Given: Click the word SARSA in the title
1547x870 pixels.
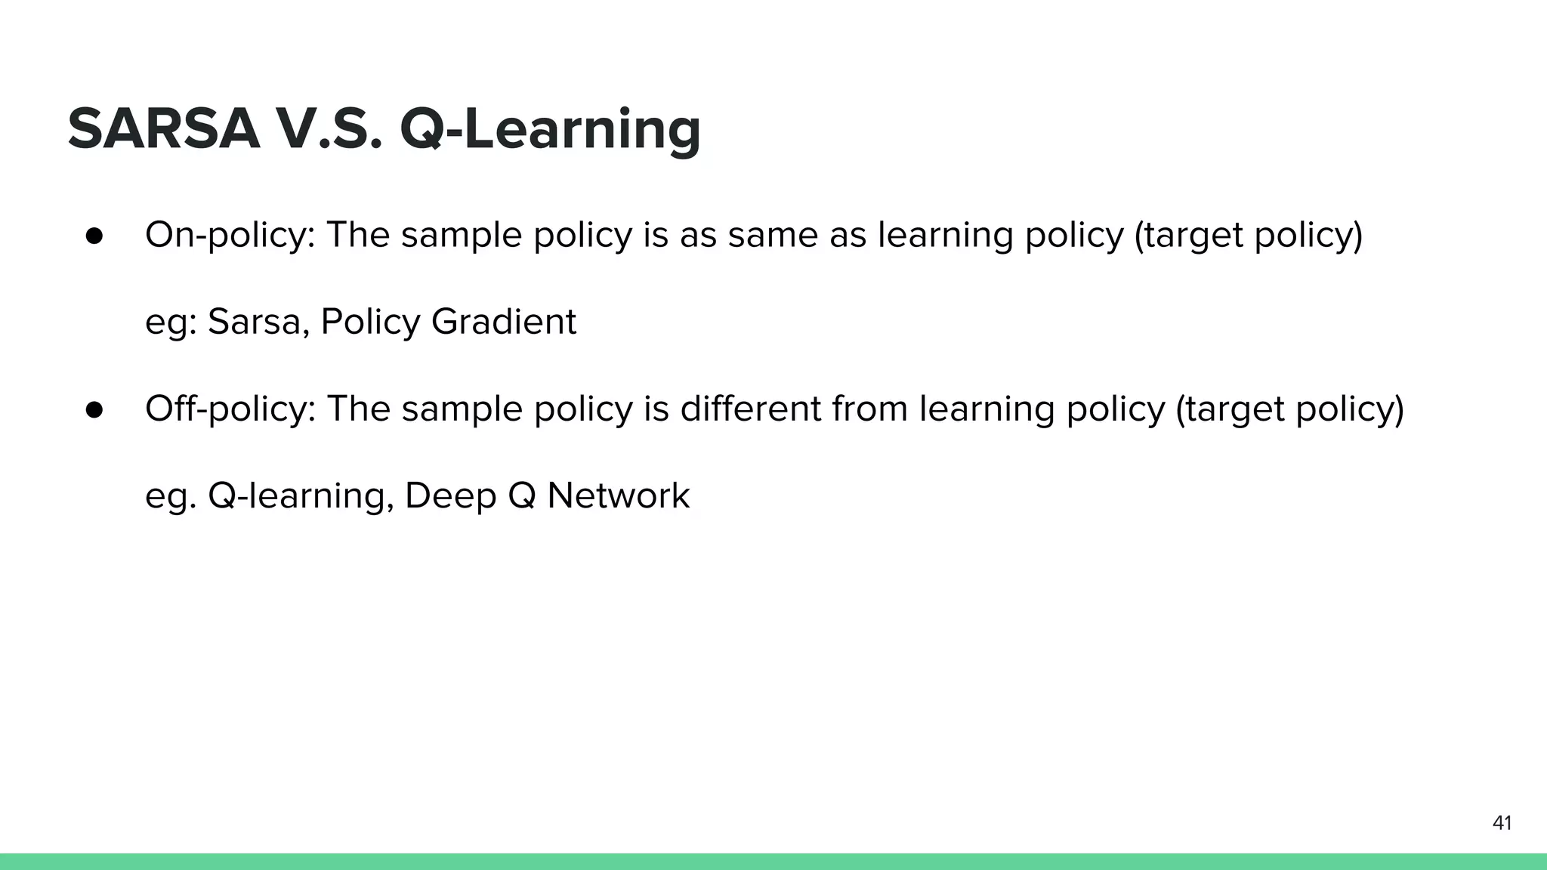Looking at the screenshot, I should (x=163, y=128).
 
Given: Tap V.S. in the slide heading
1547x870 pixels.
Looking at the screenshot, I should (x=329, y=128).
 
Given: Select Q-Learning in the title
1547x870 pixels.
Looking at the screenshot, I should (x=550, y=128).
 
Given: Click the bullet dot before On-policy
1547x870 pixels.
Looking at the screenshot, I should (x=94, y=235).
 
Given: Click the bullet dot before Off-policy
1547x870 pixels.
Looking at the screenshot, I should (x=94, y=409).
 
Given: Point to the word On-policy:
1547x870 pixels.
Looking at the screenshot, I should (x=230, y=235).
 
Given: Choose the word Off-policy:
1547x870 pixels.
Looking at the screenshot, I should (x=230, y=409).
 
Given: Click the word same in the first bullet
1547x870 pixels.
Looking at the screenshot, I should (x=773, y=235).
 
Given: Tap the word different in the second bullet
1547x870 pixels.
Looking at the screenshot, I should (x=750, y=409).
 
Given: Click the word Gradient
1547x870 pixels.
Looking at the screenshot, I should (x=503, y=322).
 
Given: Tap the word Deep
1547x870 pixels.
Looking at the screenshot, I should (x=450, y=496).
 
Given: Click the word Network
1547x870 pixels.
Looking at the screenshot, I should (x=618, y=496).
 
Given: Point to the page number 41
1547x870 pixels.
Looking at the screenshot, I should (x=1502, y=823).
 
